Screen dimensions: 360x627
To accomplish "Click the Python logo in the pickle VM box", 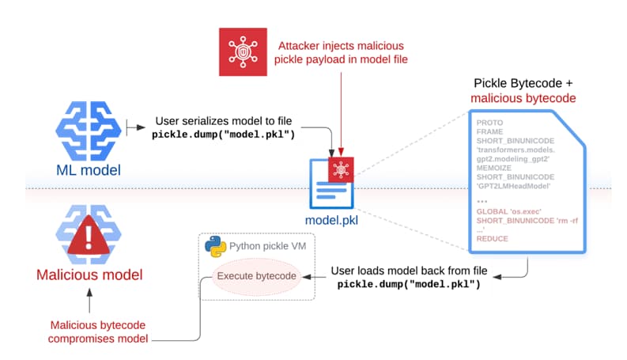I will [211, 246].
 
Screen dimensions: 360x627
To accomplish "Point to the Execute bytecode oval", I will [257, 276].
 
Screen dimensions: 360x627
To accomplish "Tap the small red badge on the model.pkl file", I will [342, 168].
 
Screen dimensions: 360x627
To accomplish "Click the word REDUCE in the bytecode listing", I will [493, 238].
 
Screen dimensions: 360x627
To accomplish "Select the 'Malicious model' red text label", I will [89, 275].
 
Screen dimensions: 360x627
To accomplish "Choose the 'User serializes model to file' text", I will [223, 120].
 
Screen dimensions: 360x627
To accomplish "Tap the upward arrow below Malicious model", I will [89, 302].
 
